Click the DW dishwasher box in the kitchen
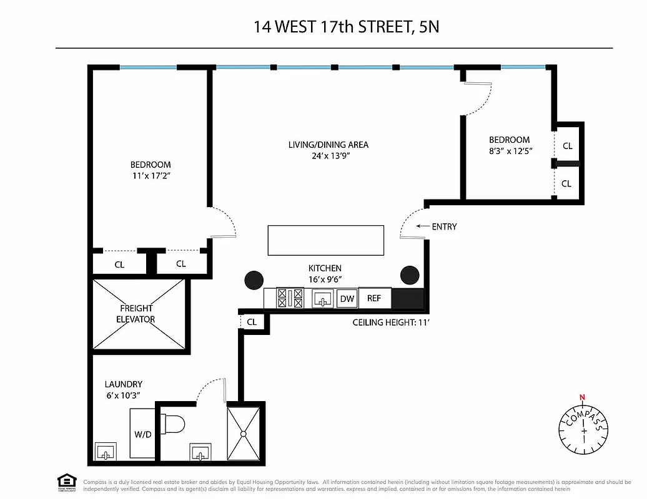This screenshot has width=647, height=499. click(x=347, y=299)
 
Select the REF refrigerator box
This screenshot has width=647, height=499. click(x=373, y=298)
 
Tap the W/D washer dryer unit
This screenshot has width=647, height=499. click(x=142, y=435)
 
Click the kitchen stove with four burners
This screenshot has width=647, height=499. click(x=290, y=298)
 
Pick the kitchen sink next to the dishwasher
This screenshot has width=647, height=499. click(x=323, y=299)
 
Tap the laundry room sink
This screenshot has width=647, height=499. click(x=105, y=452)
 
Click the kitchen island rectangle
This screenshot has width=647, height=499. click(x=325, y=240)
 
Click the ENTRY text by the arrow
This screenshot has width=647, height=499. click(x=444, y=226)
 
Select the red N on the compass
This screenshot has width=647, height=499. click(x=583, y=397)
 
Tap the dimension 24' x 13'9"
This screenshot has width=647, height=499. click(x=328, y=156)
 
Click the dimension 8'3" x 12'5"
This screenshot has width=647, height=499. click(x=510, y=151)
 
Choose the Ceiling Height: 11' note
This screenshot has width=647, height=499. click(x=392, y=322)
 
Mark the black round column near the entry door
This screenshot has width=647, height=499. click(x=410, y=274)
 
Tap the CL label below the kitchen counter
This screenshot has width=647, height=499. click(x=252, y=322)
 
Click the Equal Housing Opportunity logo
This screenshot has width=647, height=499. click(x=67, y=482)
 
